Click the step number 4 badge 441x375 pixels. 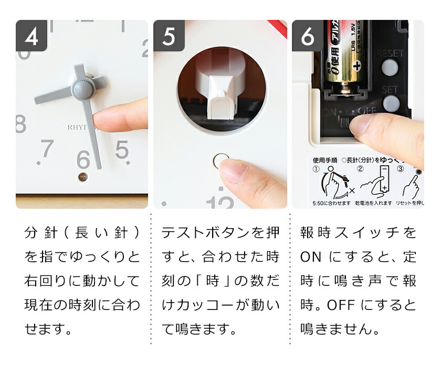pyautogui.click(x=31, y=36)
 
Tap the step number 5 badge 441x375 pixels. pyautogui.click(x=169, y=36)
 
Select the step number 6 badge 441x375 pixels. pyautogui.click(x=307, y=36)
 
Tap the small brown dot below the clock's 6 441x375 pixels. pyautogui.click(x=82, y=177)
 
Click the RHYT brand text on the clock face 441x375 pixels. pyautogui.click(x=79, y=126)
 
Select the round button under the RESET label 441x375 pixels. pyautogui.click(x=390, y=67)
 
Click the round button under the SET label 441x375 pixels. pyautogui.click(x=390, y=102)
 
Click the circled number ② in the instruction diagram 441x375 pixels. pyautogui.click(x=360, y=169)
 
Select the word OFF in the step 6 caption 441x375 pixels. pyautogui.click(x=341, y=305)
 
